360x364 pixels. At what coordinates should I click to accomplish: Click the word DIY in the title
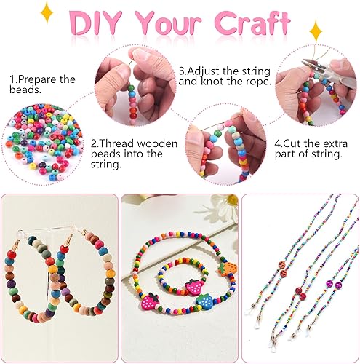(x=95, y=23)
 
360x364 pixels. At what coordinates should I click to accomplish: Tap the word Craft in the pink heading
(x=252, y=23)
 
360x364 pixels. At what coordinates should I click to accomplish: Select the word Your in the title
(x=168, y=24)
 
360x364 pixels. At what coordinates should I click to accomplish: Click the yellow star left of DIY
(x=47, y=13)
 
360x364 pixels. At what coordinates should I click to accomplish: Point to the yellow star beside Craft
(x=316, y=31)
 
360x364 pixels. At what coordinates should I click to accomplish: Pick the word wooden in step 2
(x=157, y=143)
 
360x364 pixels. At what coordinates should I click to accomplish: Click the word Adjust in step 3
(x=204, y=71)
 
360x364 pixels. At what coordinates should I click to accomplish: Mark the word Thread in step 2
(x=116, y=143)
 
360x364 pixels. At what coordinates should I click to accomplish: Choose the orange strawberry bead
(x=227, y=268)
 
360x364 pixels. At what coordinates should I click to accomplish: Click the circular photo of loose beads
(x=43, y=144)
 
